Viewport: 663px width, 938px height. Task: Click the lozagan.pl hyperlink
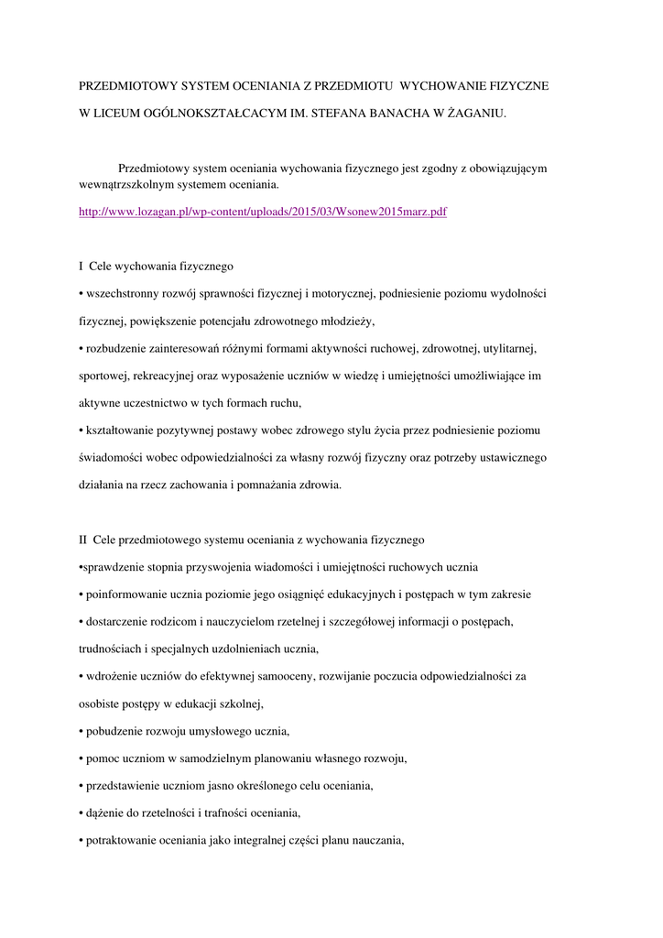click(x=263, y=212)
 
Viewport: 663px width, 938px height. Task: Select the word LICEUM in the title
click(x=122, y=114)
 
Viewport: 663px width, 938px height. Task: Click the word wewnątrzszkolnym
click(x=125, y=185)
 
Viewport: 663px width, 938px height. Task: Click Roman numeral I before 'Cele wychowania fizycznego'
click(x=82, y=267)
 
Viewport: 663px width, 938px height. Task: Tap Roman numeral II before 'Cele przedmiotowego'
click(x=83, y=540)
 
